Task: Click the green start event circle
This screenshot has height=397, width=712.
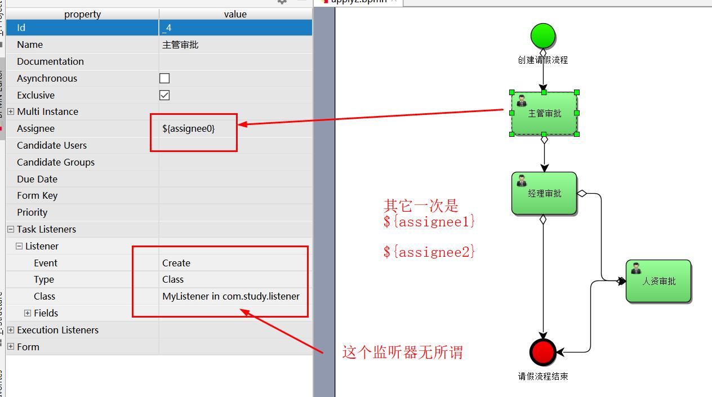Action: (543, 36)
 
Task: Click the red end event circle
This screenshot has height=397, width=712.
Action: (543, 352)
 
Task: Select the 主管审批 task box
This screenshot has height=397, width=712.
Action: (544, 114)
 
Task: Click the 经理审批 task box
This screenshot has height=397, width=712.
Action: (544, 193)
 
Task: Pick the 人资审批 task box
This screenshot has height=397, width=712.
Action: (658, 281)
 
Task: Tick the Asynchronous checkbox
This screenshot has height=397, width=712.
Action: (164, 78)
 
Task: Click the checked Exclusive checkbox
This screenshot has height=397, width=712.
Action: (164, 95)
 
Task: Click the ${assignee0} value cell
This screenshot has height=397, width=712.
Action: (189, 128)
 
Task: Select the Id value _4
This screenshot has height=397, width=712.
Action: (167, 28)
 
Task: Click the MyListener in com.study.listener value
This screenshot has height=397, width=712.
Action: (231, 296)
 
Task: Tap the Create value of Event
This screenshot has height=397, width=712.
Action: (176, 263)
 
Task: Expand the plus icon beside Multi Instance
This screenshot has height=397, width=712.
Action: (11, 111)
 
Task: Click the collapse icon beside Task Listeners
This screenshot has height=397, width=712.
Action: (11, 229)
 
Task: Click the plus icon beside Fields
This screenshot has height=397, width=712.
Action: (28, 313)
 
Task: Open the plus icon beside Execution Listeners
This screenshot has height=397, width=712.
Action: (11, 330)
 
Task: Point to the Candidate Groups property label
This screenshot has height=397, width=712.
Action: (56, 162)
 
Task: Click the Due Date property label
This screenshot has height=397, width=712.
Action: (37, 179)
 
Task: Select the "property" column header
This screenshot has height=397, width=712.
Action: (82, 14)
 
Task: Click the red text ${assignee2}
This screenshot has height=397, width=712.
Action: (429, 252)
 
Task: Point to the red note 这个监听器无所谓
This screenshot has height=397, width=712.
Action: (402, 353)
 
